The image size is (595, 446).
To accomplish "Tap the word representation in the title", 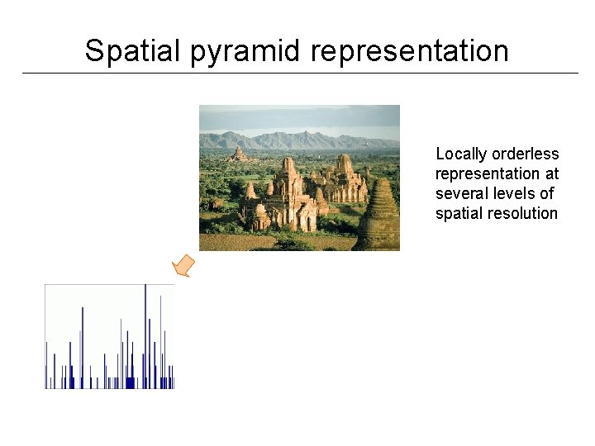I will point(410,50).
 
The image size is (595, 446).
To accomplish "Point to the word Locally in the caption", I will point(461,154).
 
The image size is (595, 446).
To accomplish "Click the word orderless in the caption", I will point(526,154).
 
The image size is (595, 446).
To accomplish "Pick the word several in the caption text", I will point(459,193).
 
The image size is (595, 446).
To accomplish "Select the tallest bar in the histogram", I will point(145,335).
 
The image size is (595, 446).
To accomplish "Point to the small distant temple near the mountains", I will point(239,154).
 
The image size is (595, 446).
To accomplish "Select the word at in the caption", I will point(551,174).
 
